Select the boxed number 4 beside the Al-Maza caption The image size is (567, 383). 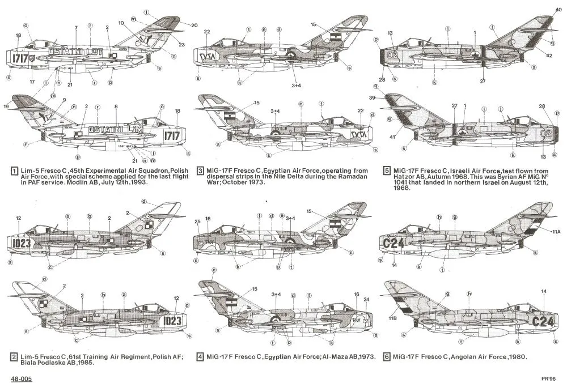200,358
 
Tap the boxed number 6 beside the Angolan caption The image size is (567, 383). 387,358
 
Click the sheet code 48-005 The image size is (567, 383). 20,377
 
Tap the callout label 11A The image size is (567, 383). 558,232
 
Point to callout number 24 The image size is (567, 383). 366,300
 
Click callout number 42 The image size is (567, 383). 549,55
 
